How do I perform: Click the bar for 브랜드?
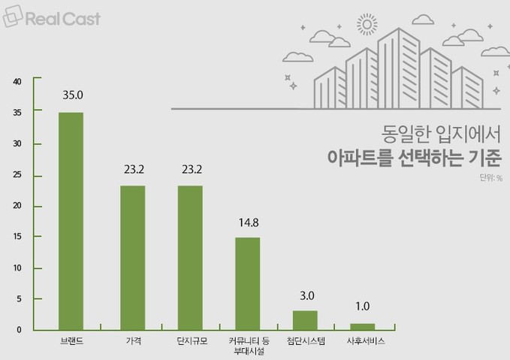71,221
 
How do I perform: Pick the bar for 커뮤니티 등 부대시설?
247,283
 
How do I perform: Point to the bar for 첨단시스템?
305,320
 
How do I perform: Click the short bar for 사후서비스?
362,326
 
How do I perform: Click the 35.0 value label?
72,95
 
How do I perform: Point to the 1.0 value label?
362,307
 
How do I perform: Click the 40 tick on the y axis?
17,81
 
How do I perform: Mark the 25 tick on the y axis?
17,175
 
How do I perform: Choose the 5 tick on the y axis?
20,299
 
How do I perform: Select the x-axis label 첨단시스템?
305,342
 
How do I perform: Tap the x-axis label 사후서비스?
362,342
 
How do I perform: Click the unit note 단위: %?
489,178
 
